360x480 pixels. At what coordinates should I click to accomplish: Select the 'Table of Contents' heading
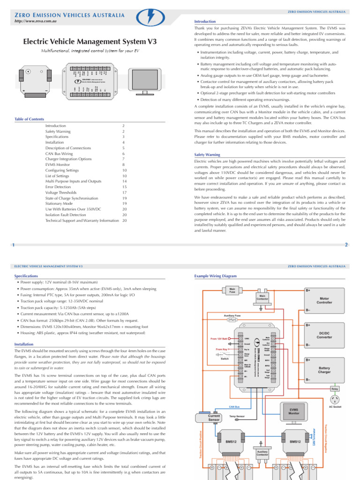coord(29,119)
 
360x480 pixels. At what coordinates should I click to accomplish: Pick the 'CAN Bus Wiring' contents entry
coord(59,153)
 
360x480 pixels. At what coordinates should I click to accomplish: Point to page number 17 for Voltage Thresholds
coord(124,192)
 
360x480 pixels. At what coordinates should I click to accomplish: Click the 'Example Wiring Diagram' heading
coord(216,276)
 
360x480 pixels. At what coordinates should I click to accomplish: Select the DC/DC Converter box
coord(324,335)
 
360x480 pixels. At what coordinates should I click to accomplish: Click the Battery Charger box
coord(324,370)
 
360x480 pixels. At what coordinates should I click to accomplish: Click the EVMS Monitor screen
coord(294,411)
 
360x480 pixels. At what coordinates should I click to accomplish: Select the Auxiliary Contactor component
coord(262,453)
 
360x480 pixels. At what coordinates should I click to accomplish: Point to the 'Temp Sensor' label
coord(237,416)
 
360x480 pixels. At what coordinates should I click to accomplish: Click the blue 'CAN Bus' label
coord(234,407)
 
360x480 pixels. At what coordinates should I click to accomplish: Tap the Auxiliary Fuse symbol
coord(233,319)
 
